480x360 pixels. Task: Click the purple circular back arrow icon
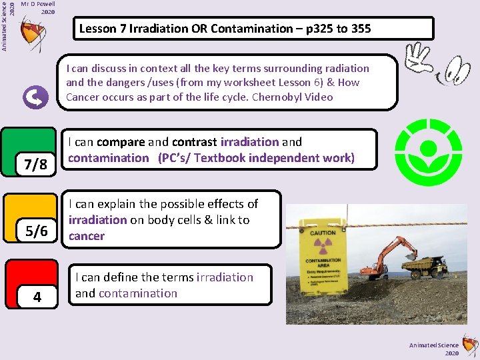[35, 99]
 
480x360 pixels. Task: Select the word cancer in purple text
[87, 236]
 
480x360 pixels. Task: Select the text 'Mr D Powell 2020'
[38, 7]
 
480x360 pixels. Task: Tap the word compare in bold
[121, 142]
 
